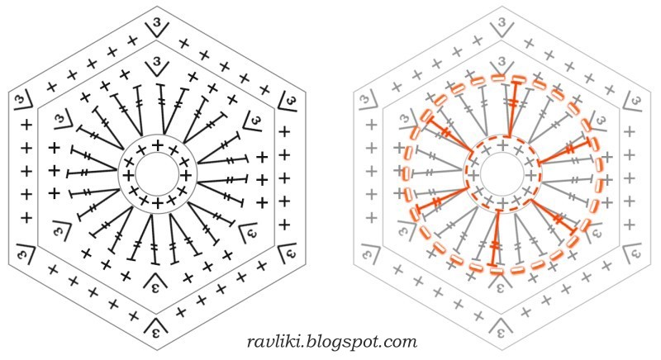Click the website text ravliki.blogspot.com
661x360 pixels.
[x=332, y=340]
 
